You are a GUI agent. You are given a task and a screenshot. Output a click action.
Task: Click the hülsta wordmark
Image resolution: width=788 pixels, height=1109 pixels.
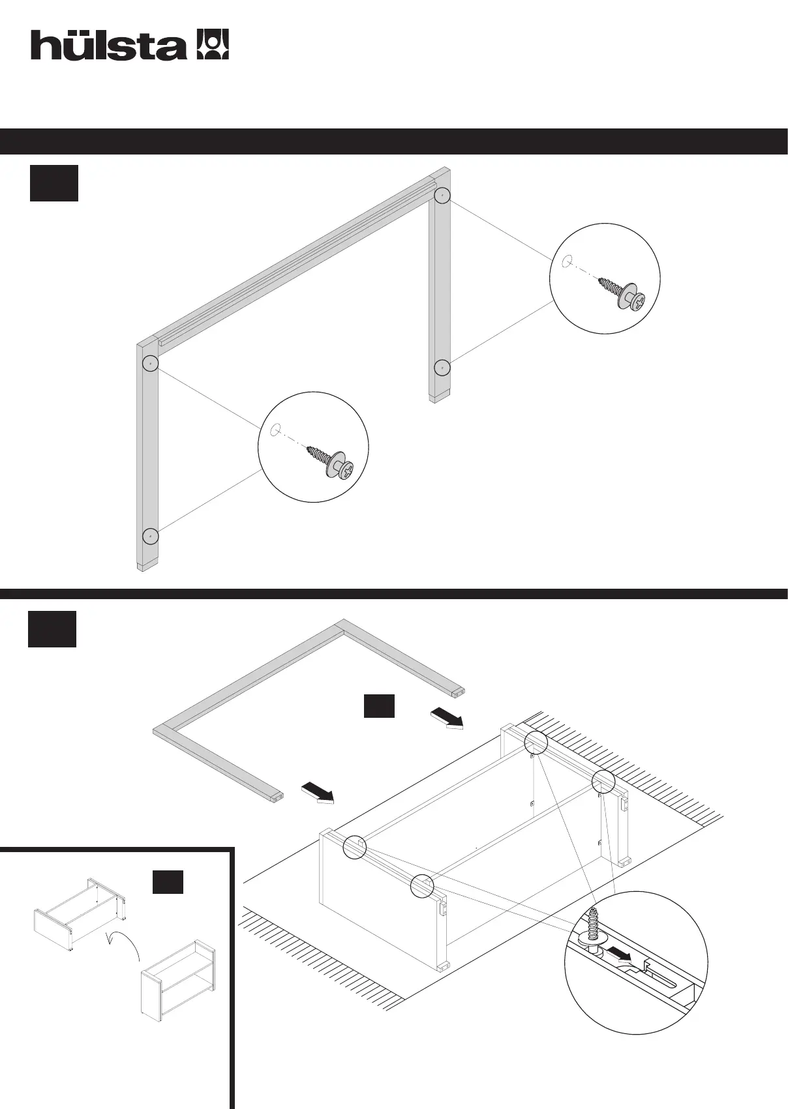tap(108, 46)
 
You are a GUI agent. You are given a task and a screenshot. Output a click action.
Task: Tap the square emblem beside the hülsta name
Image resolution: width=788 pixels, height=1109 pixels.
tap(213, 44)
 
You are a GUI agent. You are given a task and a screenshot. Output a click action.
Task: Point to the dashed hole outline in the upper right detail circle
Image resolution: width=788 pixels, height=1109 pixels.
tap(567, 261)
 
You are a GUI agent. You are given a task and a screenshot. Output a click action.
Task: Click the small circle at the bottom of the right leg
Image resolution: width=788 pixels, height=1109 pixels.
tap(442, 368)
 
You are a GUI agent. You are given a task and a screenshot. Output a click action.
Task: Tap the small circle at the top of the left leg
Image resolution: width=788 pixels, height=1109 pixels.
tap(151, 362)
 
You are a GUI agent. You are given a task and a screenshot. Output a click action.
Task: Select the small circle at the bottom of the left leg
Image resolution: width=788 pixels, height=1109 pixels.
tap(151, 536)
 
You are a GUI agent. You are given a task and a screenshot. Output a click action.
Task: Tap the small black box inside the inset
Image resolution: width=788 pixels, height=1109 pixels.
tap(168, 881)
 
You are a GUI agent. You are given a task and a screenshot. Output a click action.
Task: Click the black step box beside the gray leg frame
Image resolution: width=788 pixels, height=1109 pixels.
tap(54, 183)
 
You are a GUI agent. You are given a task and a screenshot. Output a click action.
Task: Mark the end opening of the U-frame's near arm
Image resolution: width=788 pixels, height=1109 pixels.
tap(279, 796)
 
